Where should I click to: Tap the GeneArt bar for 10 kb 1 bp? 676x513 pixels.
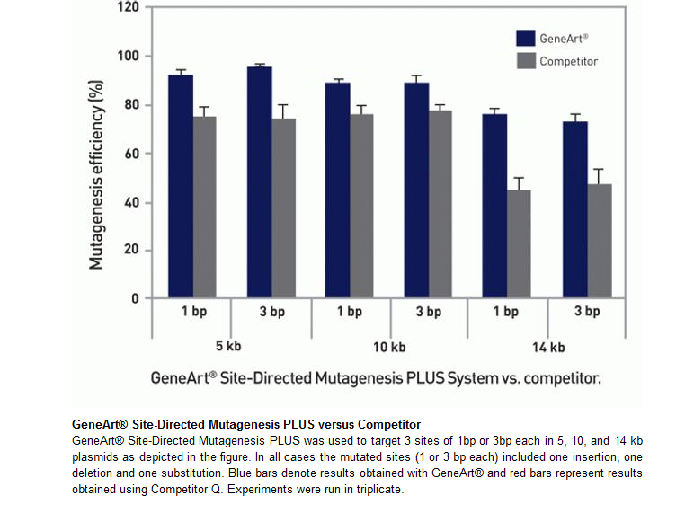coord(338,190)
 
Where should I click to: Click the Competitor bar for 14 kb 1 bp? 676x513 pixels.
coord(520,243)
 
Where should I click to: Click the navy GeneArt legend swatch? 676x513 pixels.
coord(526,38)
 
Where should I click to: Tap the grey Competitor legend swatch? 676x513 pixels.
coord(526,61)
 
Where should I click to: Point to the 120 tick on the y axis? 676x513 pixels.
coord(129,7)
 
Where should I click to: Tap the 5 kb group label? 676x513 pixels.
coord(229,347)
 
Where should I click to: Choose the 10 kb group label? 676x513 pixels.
coord(388,347)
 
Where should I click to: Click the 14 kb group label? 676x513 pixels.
coord(547,347)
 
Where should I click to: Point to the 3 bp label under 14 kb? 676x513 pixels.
coord(587,313)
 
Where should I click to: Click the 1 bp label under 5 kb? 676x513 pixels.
coord(191,313)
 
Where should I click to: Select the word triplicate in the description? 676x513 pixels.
coord(378,491)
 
